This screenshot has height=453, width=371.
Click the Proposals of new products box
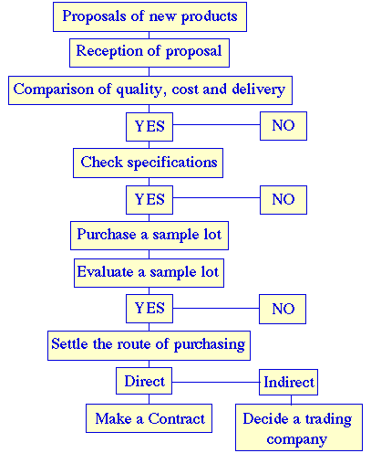click(x=149, y=16)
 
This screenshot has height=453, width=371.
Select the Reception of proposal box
click(x=149, y=53)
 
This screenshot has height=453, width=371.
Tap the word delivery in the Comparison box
click(x=258, y=90)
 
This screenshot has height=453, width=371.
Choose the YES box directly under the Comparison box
click(x=149, y=127)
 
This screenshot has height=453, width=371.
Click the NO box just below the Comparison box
click(x=283, y=126)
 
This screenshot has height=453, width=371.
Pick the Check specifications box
click(x=148, y=163)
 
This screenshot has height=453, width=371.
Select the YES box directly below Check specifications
click(x=149, y=200)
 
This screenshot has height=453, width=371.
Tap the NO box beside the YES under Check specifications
click(x=283, y=200)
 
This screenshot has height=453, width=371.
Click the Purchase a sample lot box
click(x=149, y=236)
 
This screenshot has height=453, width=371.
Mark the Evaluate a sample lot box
click(x=149, y=273)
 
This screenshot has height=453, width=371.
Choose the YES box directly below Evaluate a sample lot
click(x=149, y=309)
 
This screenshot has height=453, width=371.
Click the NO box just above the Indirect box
click(x=283, y=309)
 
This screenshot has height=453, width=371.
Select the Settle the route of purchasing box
click(x=149, y=345)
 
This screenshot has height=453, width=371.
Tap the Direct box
click(x=144, y=381)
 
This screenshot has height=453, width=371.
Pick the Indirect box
click(x=288, y=382)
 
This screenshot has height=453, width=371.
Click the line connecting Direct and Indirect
click(x=216, y=382)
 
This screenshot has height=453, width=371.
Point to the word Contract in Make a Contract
click(x=177, y=419)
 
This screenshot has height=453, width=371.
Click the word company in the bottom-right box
click(x=296, y=439)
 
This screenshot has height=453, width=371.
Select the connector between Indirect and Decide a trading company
click(x=291, y=400)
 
